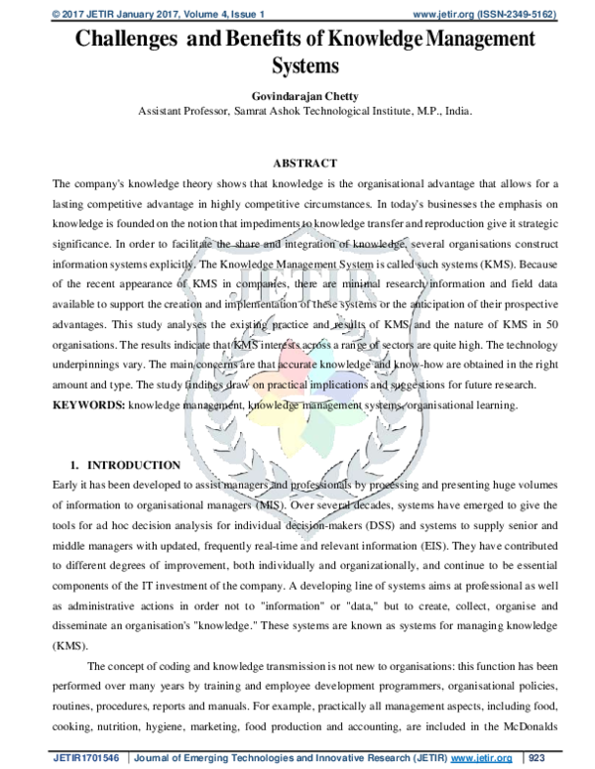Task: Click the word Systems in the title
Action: pyautogui.click(x=305, y=67)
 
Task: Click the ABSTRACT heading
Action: pyautogui.click(x=304, y=163)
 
